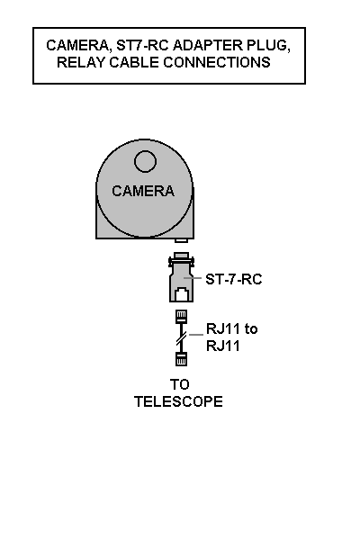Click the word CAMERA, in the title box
point(79,46)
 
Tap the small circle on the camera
point(146,161)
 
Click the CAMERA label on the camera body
point(143,191)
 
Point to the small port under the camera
point(181,240)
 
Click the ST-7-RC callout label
point(234,279)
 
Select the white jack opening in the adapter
point(182,295)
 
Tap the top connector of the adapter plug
point(181,256)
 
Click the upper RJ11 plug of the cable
point(182,316)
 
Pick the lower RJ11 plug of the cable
point(181,359)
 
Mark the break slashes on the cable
point(182,338)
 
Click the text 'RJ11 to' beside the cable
point(232,328)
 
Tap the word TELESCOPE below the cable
point(178,401)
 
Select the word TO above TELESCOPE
point(179,384)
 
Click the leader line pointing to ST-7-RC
point(193,277)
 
